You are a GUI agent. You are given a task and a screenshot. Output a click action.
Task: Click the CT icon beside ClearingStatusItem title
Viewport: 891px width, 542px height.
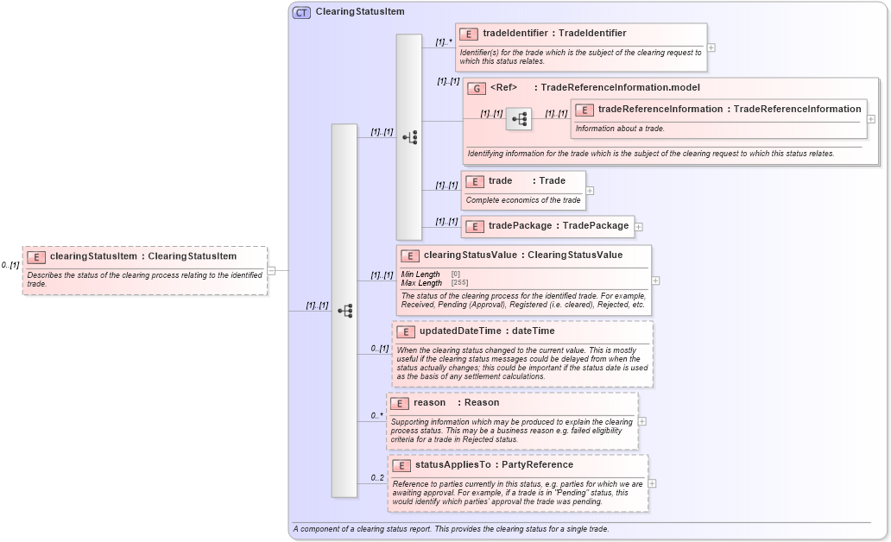click(x=301, y=12)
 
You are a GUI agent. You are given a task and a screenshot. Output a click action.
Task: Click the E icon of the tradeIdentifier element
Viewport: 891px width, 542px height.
click(x=468, y=34)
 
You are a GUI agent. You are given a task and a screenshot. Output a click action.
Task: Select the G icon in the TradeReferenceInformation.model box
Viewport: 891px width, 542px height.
click(x=476, y=88)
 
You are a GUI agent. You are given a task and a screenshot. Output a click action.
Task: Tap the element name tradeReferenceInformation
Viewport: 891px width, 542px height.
click(x=660, y=109)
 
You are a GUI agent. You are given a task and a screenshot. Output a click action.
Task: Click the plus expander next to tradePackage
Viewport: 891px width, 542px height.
click(x=639, y=227)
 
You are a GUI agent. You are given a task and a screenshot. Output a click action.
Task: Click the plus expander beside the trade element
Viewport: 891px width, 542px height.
click(x=590, y=191)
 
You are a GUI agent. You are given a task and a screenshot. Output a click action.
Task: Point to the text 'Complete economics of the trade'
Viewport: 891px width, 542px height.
click(x=522, y=200)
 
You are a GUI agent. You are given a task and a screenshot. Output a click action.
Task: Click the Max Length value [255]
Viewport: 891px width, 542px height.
click(x=459, y=283)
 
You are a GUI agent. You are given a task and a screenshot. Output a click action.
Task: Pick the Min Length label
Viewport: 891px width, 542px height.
click(x=420, y=274)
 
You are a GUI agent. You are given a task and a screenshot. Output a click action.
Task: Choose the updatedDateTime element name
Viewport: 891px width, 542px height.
click(x=461, y=331)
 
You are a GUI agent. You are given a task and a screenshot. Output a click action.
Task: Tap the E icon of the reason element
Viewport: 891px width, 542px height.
click(x=399, y=403)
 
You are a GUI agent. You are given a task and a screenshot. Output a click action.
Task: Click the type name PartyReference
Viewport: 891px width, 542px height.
click(x=537, y=464)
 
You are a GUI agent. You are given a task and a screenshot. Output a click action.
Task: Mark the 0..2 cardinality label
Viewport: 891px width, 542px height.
click(x=377, y=478)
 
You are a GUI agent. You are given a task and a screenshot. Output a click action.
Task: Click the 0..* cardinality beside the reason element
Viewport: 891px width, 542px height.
click(x=376, y=415)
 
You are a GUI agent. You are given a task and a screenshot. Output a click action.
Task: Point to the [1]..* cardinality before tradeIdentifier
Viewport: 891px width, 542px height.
click(x=444, y=41)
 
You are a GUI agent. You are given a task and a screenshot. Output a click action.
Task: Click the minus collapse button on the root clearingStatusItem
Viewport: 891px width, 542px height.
click(x=271, y=270)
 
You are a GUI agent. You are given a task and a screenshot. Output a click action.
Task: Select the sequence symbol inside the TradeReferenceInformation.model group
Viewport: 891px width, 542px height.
click(x=519, y=119)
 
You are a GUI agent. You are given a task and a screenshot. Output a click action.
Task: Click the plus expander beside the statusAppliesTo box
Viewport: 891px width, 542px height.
click(x=652, y=483)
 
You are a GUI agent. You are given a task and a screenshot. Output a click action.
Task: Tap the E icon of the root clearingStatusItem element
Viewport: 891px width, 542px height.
click(x=35, y=256)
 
